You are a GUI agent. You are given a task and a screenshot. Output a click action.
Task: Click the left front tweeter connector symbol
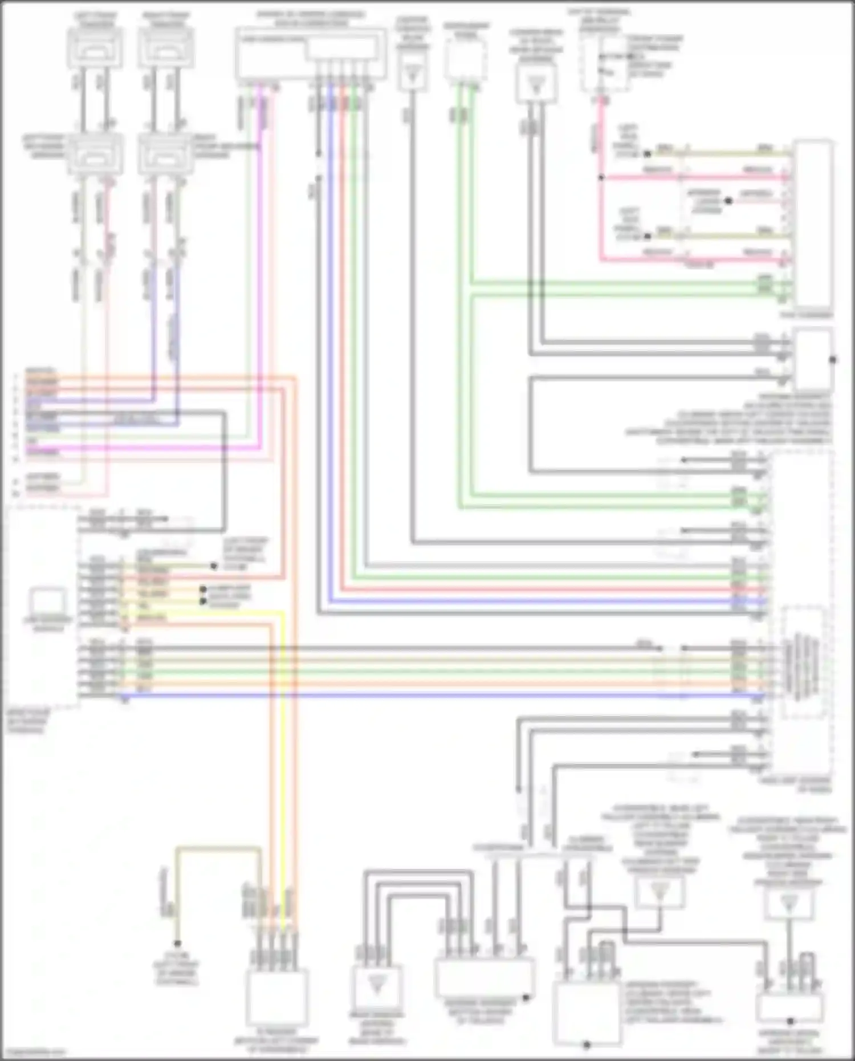95,47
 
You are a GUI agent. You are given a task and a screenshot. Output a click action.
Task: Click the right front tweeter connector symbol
166,47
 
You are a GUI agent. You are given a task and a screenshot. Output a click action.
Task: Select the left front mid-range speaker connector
95,154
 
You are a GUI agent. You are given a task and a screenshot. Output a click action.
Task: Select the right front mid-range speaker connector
166,154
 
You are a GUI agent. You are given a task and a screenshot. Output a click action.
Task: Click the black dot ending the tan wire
177,944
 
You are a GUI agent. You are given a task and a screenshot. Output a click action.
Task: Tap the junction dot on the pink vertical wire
600,178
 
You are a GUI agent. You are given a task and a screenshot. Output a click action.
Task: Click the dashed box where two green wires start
466,60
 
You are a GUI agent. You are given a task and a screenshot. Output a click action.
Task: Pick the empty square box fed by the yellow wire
278,997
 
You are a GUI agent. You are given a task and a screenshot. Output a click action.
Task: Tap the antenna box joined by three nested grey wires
376,986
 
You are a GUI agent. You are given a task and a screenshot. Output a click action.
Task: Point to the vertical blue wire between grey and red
330,342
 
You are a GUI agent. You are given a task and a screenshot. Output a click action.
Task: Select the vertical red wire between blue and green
342,342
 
